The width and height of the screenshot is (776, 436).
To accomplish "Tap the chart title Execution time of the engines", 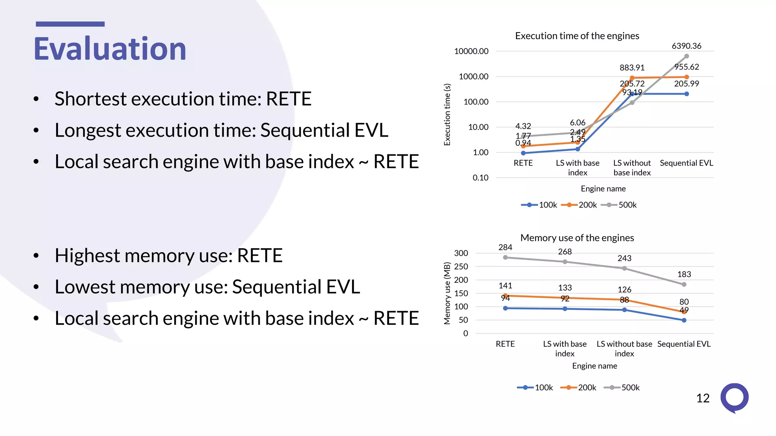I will click(577, 36).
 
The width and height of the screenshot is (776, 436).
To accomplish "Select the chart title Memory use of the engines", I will click(577, 238).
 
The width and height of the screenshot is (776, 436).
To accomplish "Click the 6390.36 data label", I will click(686, 46).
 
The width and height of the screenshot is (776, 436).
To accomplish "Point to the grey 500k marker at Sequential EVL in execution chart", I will click(686, 56).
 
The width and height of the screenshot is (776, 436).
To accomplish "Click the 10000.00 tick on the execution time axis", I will click(471, 51).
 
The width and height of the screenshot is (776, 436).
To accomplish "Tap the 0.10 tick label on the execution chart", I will click(480, 178).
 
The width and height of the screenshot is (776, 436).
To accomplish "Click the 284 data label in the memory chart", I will click(505, 248).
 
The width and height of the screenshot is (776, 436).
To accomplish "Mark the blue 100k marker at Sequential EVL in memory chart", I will click(684, 321).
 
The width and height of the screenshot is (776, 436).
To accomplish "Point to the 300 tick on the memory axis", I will click(461, 253).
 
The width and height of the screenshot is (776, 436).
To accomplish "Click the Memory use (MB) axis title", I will click(447, 293).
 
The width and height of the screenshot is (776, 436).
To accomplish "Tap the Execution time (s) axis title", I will click(447, 115).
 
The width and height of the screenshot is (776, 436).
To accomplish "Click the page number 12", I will click(702, 398).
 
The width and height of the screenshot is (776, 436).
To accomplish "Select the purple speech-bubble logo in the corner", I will click(734, 398).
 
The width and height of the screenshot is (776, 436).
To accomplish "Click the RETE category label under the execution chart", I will click(523, 163).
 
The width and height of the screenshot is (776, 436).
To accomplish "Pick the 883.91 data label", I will click(632, 68).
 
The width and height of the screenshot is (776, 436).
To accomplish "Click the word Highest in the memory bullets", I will click(87, 255).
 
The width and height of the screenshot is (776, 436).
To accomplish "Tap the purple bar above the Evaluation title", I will click(70, 24).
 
